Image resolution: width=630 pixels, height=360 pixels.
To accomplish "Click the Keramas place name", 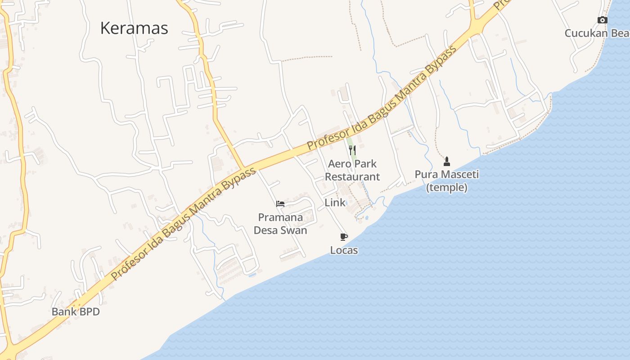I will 134,28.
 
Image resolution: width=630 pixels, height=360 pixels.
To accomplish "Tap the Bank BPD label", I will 76,311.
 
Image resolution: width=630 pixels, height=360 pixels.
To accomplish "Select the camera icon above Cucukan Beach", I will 602,20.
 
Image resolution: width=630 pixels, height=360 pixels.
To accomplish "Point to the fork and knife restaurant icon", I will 352,150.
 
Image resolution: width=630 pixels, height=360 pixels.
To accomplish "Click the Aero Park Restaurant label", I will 352,170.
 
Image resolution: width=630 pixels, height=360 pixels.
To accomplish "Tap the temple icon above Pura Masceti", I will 447,161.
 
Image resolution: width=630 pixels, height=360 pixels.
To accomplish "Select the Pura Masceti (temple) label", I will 447,181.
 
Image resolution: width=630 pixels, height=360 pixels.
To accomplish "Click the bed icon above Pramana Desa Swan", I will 280,203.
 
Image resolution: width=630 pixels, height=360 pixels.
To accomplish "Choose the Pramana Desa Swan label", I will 280,224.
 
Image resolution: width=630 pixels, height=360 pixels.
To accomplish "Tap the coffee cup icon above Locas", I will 344,237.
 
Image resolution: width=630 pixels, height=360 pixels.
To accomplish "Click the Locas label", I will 344,250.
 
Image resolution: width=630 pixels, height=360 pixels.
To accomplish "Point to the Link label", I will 335,203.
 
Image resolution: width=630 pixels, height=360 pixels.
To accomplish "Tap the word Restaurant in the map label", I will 352,177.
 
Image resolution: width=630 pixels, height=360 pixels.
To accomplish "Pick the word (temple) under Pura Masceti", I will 447,188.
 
